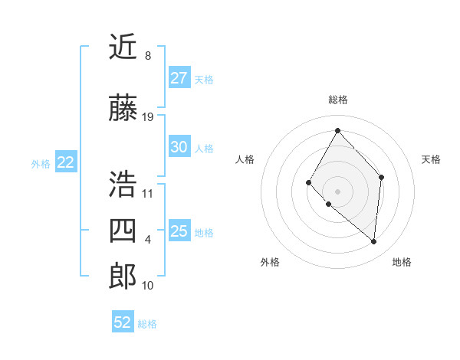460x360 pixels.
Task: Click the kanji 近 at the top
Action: pos(123,47)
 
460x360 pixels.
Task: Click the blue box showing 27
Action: pos(179,78)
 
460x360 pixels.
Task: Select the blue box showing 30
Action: pos(179,147)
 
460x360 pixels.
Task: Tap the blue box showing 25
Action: pos(179,231)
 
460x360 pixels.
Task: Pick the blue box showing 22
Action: pos(66,162)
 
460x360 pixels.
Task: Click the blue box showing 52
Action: pos(123,322)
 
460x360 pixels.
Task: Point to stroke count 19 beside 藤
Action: pos(148,117)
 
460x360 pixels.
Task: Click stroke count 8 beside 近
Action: pos(147,56)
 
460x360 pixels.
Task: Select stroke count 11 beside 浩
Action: pos(147,194)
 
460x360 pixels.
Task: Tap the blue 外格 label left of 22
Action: pos(41,163)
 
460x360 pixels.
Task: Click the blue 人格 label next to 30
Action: pos(204,148)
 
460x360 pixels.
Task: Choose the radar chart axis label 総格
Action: pos(337,100)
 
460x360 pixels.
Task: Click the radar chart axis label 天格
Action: pos(432,159)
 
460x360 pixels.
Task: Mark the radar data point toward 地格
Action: pos(374,242)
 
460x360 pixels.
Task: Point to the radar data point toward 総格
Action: pos(337,130)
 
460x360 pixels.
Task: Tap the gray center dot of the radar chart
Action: pos(337,191)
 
